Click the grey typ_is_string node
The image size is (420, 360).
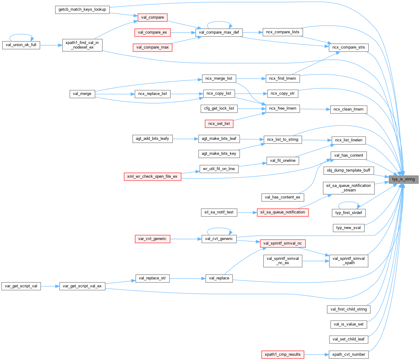(403, 179)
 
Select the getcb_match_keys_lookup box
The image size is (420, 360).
(82, 9)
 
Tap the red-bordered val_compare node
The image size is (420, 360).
(153, 17)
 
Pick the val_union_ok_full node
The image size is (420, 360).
(21, 45)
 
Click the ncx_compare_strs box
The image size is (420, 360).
(349, 47)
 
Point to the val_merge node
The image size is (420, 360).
(82, 94)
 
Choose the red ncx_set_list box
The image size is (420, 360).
(219, 124)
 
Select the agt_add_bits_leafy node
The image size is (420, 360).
(152, 139)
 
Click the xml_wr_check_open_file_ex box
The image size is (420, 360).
(152, 176)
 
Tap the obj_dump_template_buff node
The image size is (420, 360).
(349, 170)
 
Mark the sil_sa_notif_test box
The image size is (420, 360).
(219, 212)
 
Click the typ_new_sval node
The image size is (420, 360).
(349, 228)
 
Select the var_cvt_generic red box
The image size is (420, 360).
(152, 239)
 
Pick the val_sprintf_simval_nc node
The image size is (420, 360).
(283, 243)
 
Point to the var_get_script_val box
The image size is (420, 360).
(21, 286)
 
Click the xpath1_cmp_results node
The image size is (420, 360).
(283, 355)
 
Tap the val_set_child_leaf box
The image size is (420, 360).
(349, 339)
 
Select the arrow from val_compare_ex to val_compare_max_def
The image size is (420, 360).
(183, 32)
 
